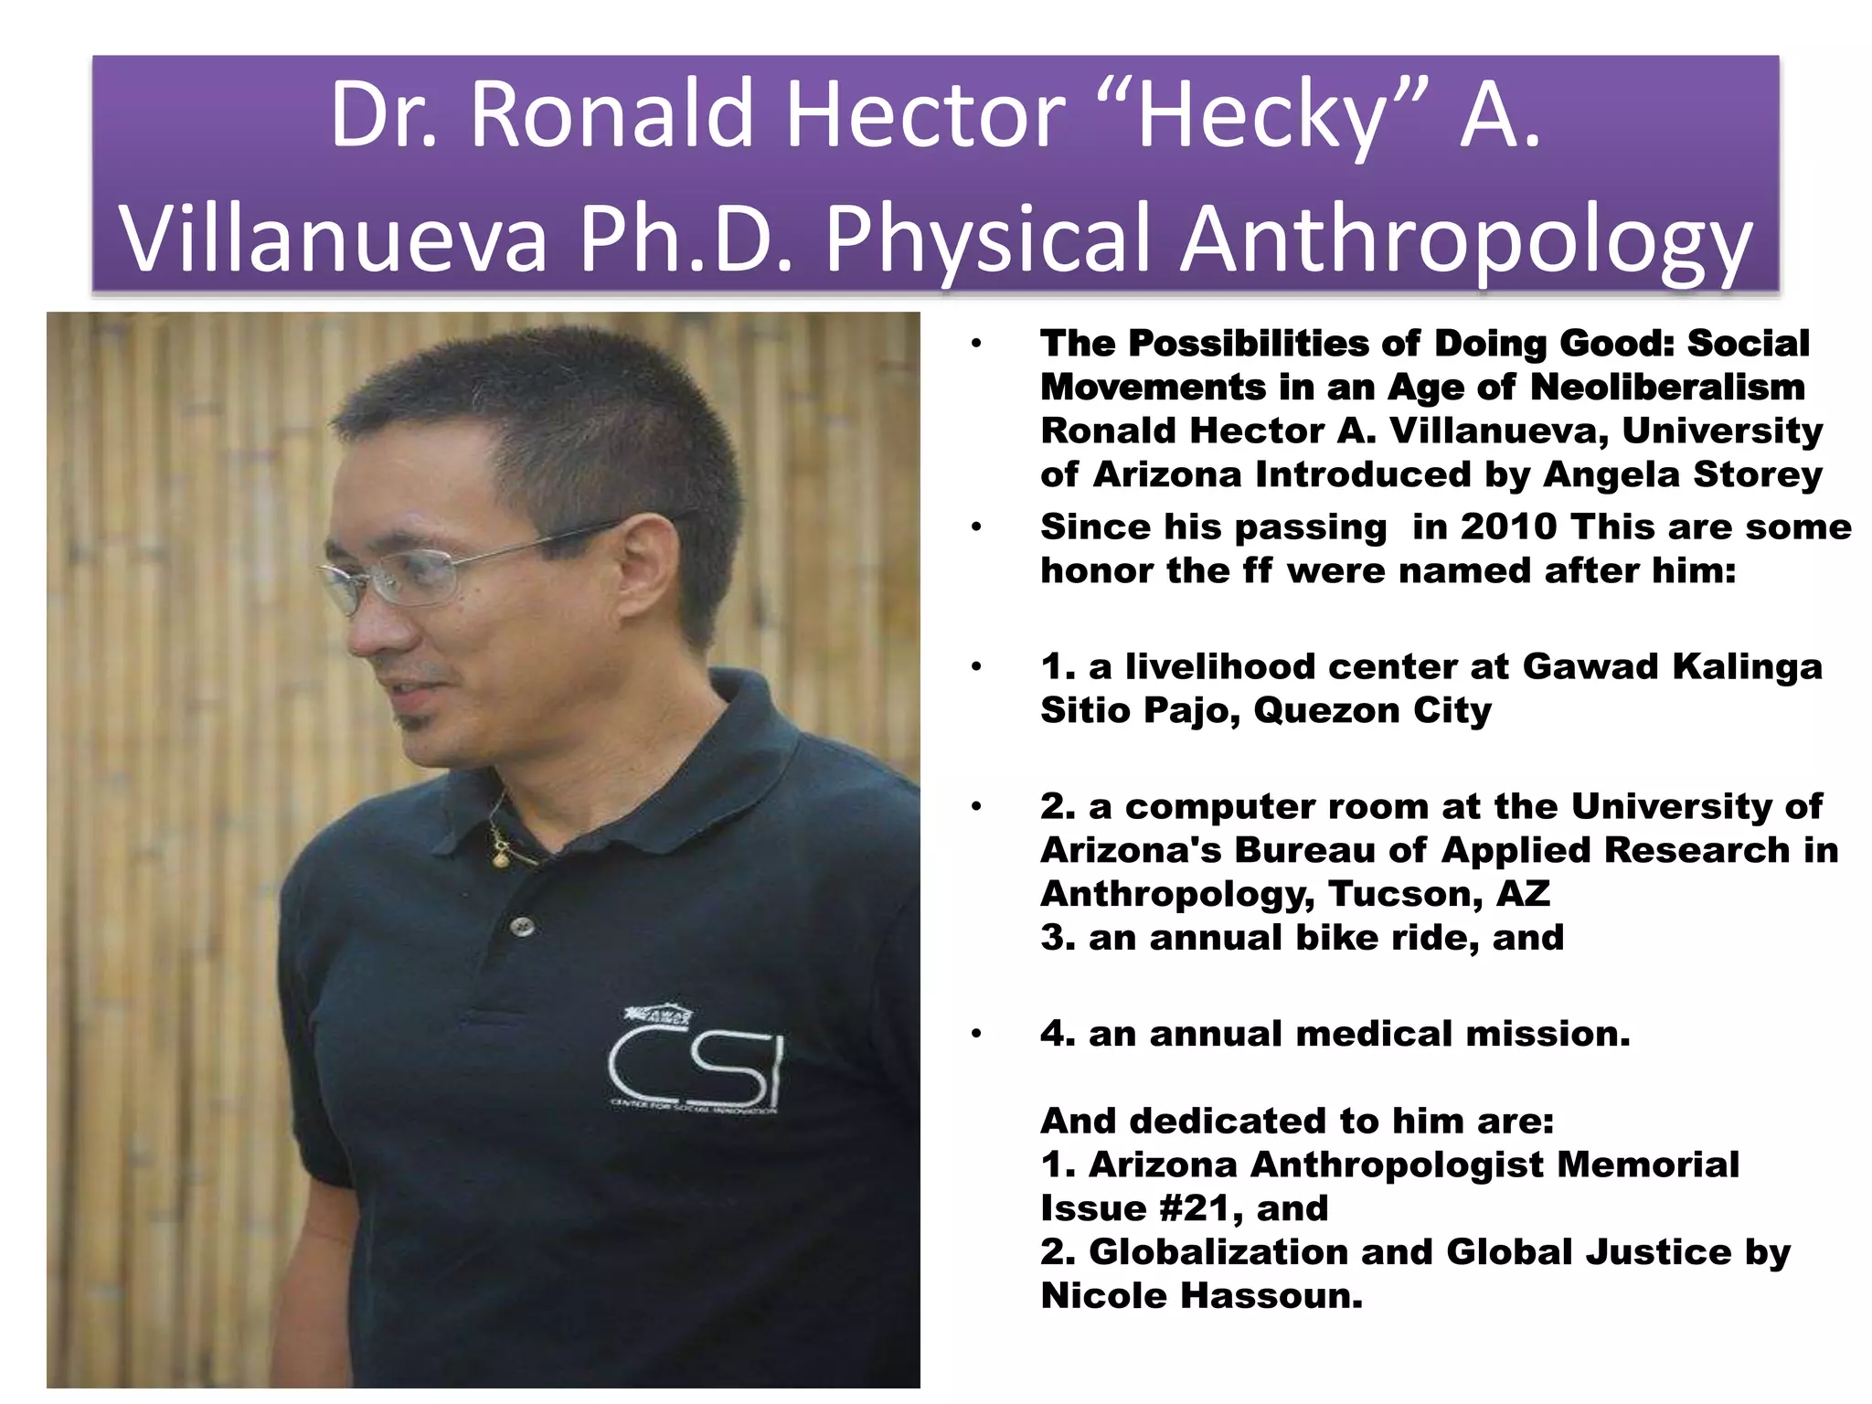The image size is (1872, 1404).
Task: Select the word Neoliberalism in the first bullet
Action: [1667, 387]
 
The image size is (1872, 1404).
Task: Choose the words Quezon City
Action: [1372, 710]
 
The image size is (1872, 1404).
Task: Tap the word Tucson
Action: [1406, 893]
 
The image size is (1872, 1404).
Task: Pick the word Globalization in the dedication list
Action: [1218, 1251]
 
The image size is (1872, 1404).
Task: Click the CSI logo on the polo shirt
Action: [696, 1065]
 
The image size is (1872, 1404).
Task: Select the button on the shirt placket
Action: [523, 926]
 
